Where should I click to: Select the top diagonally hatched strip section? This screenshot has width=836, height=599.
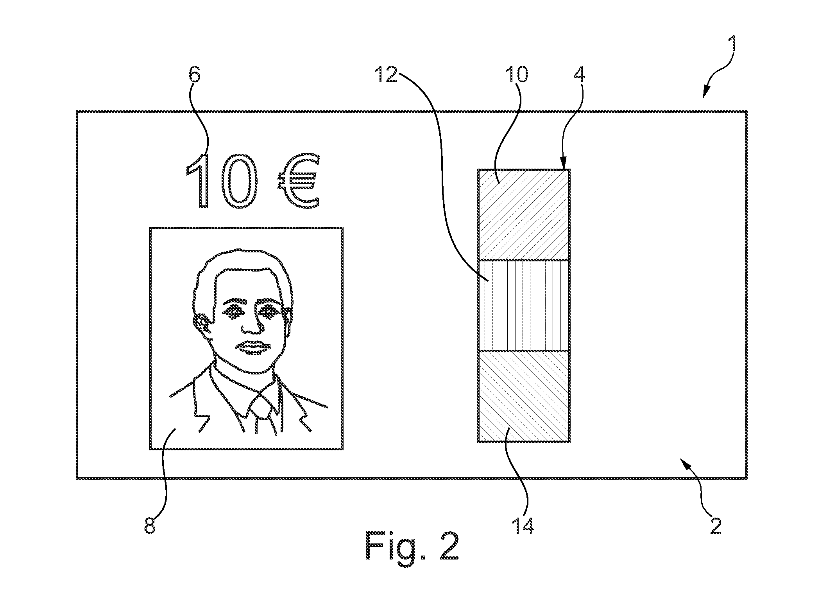coord(524,214)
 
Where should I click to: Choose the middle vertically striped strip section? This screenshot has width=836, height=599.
coord(524,305)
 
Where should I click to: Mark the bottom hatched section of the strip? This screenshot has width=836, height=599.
coord(524,396)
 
